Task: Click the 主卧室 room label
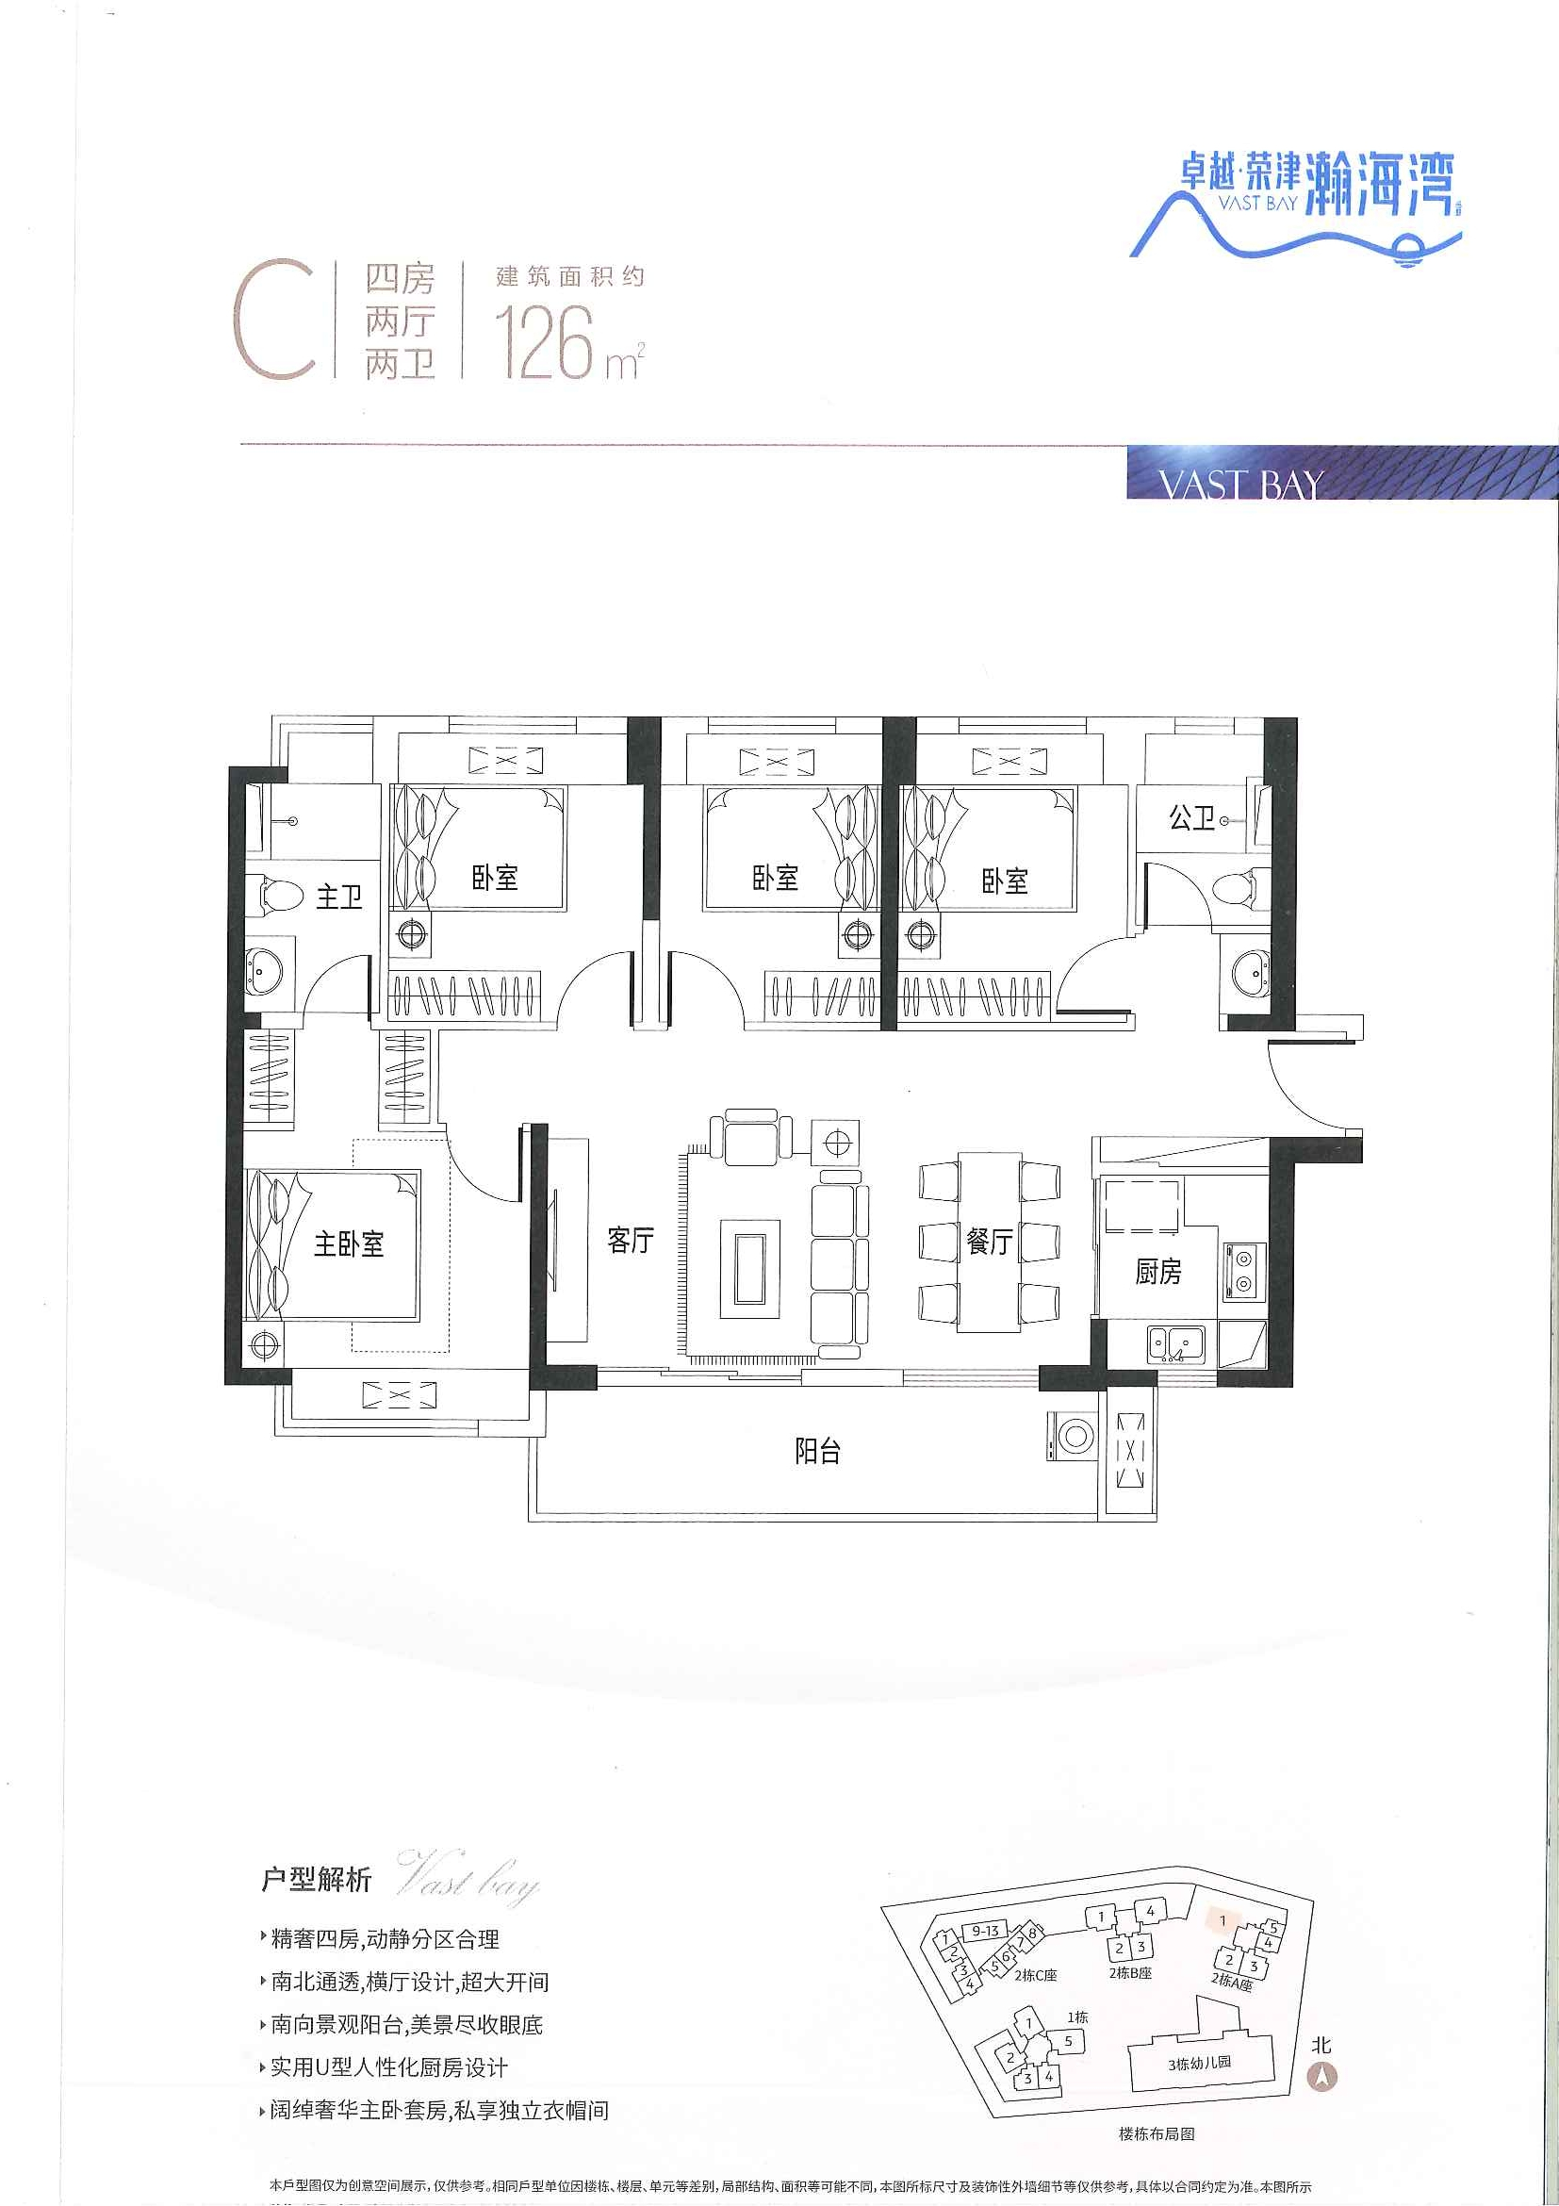click(x=349, y=1244)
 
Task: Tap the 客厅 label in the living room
click(x=631, y=1241)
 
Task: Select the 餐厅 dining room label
click(x=989, y=1242)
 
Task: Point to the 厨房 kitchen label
click(x=1157, y=1272)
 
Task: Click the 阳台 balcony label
click(x=817, y=1451)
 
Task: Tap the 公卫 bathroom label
click(x=1191, y=818)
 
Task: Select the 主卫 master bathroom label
click(x=339, y=897)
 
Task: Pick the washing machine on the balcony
click(x=1073, y=1437)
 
